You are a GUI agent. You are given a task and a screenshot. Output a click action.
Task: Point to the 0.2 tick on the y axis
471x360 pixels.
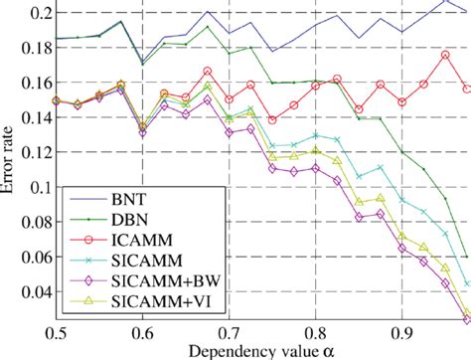[33, 13]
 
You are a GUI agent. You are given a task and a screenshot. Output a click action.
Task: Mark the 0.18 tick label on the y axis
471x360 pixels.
[29, 48]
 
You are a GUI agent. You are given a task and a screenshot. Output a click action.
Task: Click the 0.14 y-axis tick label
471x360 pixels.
[29, 117]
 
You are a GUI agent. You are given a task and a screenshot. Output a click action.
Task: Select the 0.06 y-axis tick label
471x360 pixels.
[29, 257]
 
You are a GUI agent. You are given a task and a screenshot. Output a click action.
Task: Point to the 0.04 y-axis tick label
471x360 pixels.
[29, 292]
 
